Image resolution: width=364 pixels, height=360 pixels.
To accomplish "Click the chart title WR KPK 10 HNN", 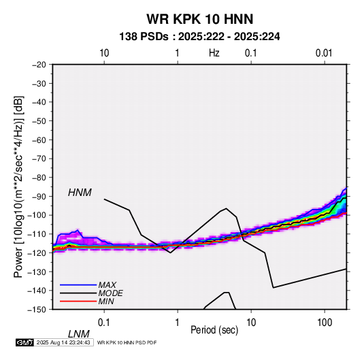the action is [x=199, y=19].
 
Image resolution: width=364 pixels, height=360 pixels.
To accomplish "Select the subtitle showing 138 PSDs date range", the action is [x=199, y=37].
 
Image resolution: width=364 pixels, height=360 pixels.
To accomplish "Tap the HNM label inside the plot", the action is [x=80, y=193].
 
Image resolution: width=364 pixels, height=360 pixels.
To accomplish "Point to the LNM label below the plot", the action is [x=78, y=334].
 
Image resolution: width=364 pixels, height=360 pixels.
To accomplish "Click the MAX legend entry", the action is [x=107, y=285].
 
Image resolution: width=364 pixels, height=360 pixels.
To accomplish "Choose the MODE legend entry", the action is [x=110, y=293].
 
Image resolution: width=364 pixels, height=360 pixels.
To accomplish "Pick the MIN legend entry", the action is [x=106, y=301].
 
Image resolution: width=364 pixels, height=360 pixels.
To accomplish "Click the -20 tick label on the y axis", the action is [x=39, y=65].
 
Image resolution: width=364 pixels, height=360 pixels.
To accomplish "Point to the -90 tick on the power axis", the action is [x=39, y=197].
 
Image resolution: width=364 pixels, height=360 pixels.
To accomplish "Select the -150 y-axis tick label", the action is [x=37, y=310].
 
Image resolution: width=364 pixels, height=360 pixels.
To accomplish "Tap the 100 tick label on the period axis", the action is [x=325, y=323].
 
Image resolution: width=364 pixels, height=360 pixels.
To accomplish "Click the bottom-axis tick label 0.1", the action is [x=103, y=323].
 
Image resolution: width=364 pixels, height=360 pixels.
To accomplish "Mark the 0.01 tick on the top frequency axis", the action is [x=324, y=53].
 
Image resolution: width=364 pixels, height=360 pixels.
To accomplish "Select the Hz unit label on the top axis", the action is [x=214, y=53].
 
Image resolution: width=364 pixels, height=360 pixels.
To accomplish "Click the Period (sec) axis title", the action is [x=214, y=330].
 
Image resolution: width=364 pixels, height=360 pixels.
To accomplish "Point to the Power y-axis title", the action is [x=18, y=187].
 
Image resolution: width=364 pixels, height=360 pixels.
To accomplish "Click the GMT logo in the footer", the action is [x=25, y=342].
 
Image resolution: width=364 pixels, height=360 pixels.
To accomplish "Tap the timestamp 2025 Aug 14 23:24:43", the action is [x=63, y=342].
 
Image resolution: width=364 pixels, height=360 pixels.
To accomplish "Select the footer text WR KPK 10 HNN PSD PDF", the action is [x=127, y=342].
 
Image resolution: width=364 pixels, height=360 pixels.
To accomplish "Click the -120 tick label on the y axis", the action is [x=37, y=253].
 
